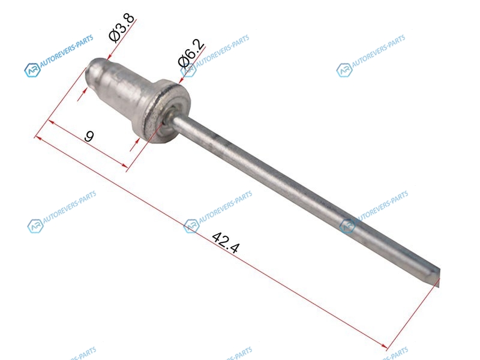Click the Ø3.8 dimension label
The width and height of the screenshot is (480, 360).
122,28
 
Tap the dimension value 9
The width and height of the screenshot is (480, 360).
89,136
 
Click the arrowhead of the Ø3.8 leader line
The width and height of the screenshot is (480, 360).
109,57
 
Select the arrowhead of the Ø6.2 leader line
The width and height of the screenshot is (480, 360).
181,80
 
